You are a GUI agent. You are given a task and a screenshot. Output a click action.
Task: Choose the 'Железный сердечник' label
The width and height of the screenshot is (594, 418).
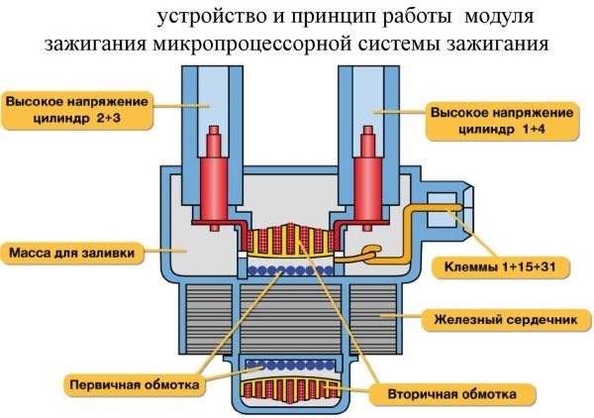pyautogui.click(x=508, y=320)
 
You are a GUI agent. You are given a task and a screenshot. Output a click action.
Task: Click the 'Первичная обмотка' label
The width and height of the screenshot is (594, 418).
pyautogui.click(x=133, y=381)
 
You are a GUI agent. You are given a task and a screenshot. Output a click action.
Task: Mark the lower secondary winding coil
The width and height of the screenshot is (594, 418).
pyautogui.click(x=290, y=388)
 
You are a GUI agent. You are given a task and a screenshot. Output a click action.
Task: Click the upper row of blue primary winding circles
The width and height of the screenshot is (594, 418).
pyautogui.click(x=288, y=267)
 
